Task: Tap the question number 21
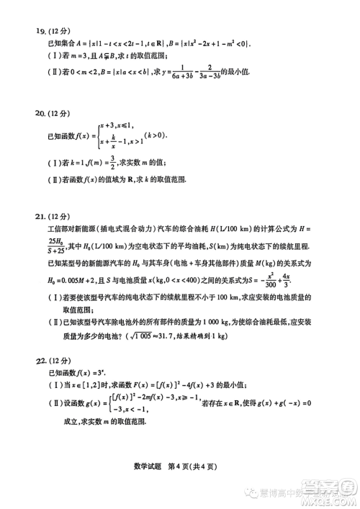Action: (x=32, y=216)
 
